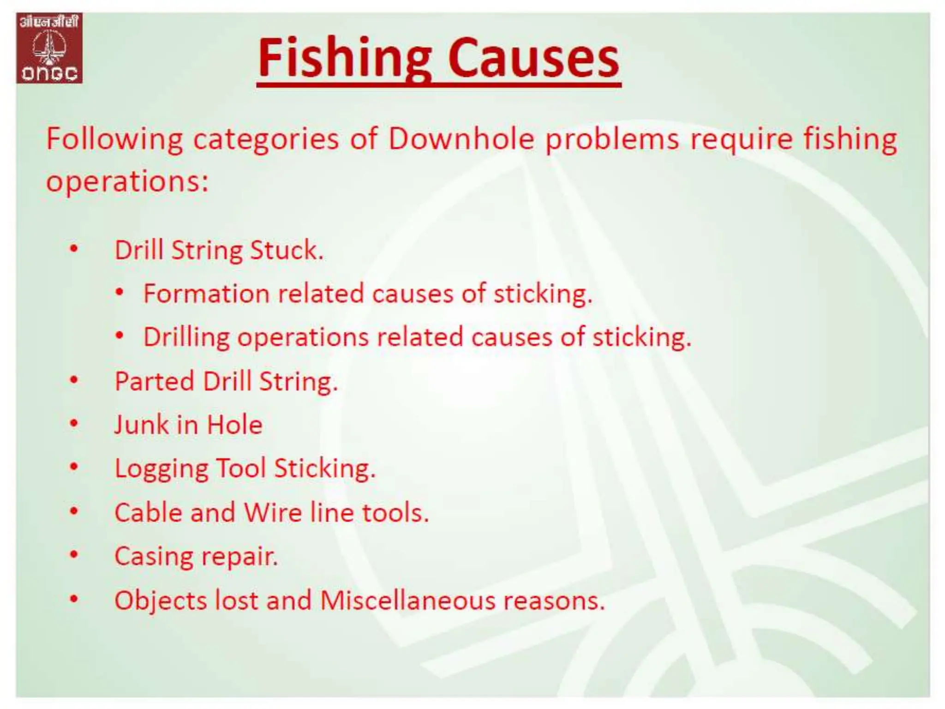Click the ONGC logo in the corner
click(49, 48)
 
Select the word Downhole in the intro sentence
click(461, 138)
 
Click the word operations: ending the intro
click(127, 181)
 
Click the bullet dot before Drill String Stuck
click(74, 249)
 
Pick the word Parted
click(154, 381)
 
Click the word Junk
click(142, 425)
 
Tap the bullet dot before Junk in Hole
click(74, 423)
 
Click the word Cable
click(148, 512)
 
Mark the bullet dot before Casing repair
click(74, 554)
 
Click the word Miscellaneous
click(407, 601)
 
